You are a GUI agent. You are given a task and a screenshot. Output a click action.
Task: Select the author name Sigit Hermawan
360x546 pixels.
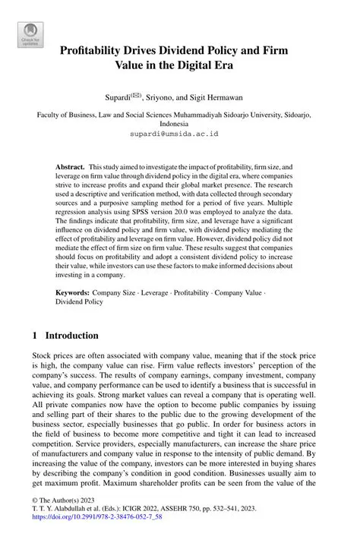click(x=220, y=98)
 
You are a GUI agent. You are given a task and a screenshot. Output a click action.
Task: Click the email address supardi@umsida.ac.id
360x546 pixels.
click(x=179, y=132)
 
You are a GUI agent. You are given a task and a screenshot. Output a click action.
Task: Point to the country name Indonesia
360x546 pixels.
click(x=179, y=122)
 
